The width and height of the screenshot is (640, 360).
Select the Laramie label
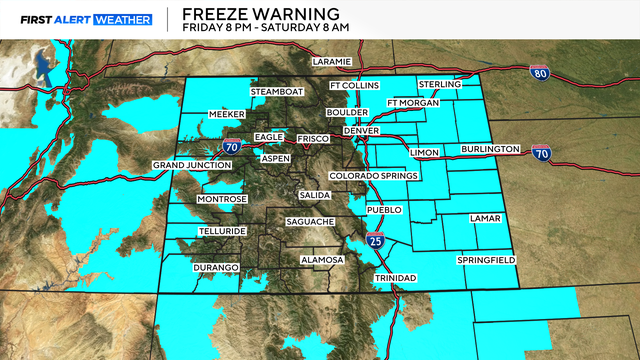pyautogui.click(x=332, y=62)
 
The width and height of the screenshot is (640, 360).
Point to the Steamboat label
pyautogui.click(x=275, y=92)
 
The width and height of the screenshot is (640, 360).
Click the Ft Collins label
pyautogui.click(x=355, y=85)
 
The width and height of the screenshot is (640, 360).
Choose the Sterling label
pyautogui.click(x=441, y=85)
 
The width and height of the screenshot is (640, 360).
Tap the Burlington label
pyautogui.click(x=490, y=150)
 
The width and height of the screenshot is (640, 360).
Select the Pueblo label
pyautogui.click(x=384, y=210)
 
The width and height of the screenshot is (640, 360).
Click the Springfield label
pyautogui.click(x=486, y=260)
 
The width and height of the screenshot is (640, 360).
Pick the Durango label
pyautogui.click(x=216, y=268)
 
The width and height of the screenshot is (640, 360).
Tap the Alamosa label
pyautogui.click(x=323, y=260)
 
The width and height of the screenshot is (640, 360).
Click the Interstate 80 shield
pyautogui.click(x=540, y=72)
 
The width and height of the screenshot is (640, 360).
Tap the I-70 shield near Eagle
pyautogui.click(x=231, y=146)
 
